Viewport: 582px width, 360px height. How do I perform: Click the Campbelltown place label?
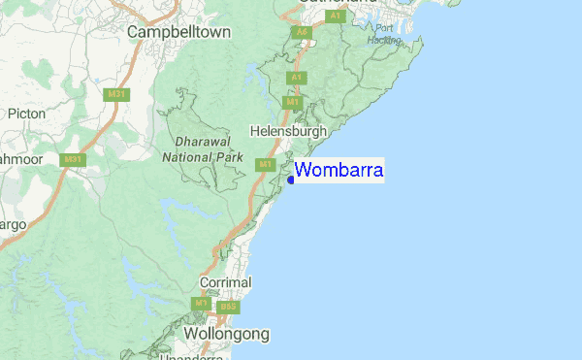click(179, 32)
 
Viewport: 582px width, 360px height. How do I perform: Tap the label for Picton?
click(26, 114)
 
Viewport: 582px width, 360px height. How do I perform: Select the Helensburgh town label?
click(289, 130)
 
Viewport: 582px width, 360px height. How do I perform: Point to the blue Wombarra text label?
click(339, 171)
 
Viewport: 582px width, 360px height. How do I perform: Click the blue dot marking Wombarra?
click(292, 179)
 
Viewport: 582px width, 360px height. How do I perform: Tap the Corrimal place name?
click(225, 282)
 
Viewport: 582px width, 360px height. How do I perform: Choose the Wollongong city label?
click(226, 334)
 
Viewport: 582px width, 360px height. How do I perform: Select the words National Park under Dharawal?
click(202, 155)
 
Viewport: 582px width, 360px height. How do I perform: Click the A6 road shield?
click(303, 32)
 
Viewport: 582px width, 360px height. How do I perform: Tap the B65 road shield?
click(228, 307)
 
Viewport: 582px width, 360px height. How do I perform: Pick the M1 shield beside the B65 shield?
click(201, 304)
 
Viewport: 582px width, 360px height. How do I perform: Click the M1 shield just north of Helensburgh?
click(292, 101)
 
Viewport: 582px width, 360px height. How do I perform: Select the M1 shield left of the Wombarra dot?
click(265, 165)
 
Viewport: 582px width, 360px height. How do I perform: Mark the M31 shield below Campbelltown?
click(117, 93)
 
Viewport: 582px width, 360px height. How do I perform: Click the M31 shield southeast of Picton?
click(72, 159)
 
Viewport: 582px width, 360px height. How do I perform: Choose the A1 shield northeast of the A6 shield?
click(336, 16)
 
